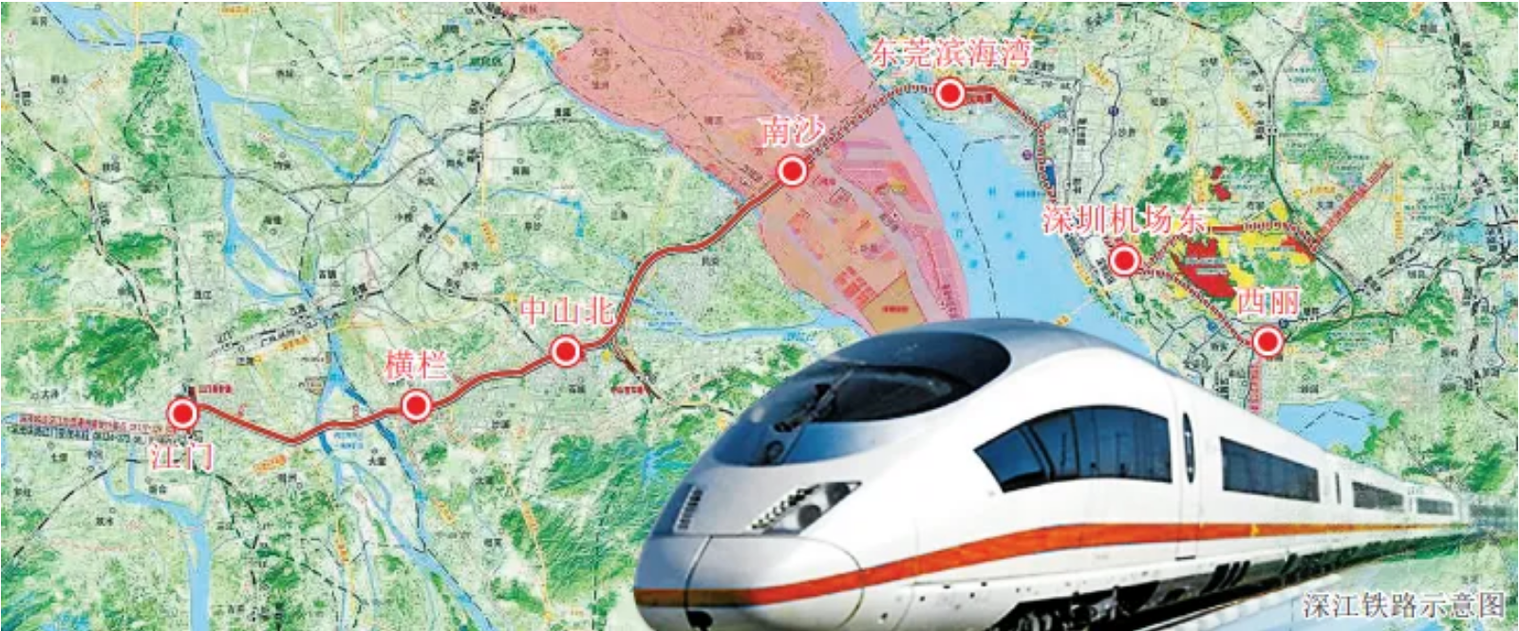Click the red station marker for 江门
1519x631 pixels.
coord(182,414)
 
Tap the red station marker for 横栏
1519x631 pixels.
coord(416,406)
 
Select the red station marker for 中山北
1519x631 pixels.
coord(566,353)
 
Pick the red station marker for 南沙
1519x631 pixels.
coord(791,171)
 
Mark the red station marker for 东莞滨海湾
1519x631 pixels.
coord(949,93)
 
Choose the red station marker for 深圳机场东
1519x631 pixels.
coord(1124,259)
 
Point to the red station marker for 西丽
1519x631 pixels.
coord(1267,342)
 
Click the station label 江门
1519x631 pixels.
coord(181,456)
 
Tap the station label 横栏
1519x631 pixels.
coord(416,364)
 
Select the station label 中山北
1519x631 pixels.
coord(567,311)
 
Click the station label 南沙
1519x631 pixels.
coord(793,132)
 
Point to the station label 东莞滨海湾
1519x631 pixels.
coord(950,51)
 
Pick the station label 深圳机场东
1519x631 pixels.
coord(1123,220)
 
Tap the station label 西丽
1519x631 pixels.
coord(1268,303)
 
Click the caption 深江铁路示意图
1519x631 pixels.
coord(1403,605)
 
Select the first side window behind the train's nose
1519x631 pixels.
coord(1073,446)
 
